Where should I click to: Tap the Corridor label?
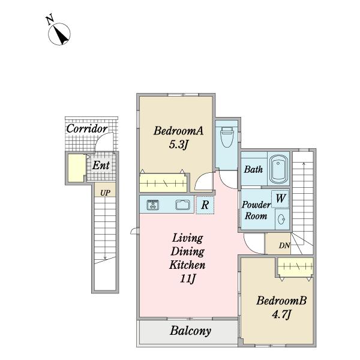tap(87, 128)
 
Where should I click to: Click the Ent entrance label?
tap(101, 165)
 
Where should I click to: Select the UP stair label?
tap(105, 193)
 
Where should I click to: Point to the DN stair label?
tap(284, 245)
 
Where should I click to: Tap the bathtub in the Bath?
tap(279, 169)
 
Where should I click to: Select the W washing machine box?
tap(280, 199)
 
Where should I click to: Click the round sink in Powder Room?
tap(281, 219)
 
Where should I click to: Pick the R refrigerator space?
tap(205, 205)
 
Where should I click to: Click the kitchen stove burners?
tap(152, 205)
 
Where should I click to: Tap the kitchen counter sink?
tap(183, 205)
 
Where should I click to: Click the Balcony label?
tap(190, 331)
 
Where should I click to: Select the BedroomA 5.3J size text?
tap(178, 145)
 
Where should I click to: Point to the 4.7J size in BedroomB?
tap(281, 314)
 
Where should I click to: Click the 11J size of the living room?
tap(188, 278)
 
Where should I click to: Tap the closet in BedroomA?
tap(163, 183)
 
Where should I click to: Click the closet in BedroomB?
tap(295, 267)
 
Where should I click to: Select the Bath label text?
tap(253, 169)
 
